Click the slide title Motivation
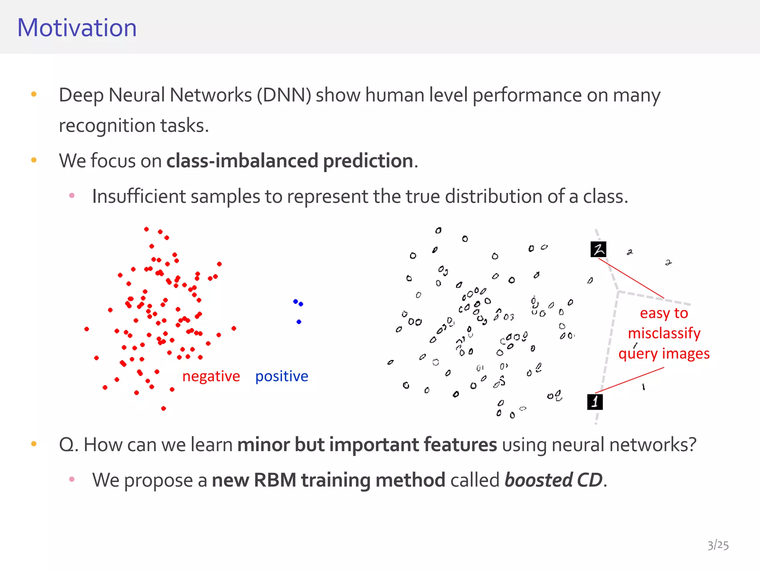pyautogui.click(x=77, y=28)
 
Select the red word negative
pyautogui.click(x=211, y=376)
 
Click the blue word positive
pyautogui.click(x=282, y=376)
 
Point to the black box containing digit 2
pyautogui.click(x=598, y=249)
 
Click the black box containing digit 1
pyautogui.click(x=595, y=402)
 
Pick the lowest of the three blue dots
pyautogui.click(x=299, y=322)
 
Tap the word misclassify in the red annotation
pyautogui.click(x=664, y=333)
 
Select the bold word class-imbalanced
pyautogui.click(x=242, y=161)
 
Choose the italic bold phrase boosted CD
pyautogui.click(x=553, y=480)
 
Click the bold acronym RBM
pyautogui.click(x=275, y=480)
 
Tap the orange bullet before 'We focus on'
pyautogui.click(x=34, y=160)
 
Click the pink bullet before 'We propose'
pyautogui.click(x=72, y=479)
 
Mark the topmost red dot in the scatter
pyautogui.click(x=146, y=229)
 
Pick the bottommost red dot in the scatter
pyautogui.click(x=163, y=409)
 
